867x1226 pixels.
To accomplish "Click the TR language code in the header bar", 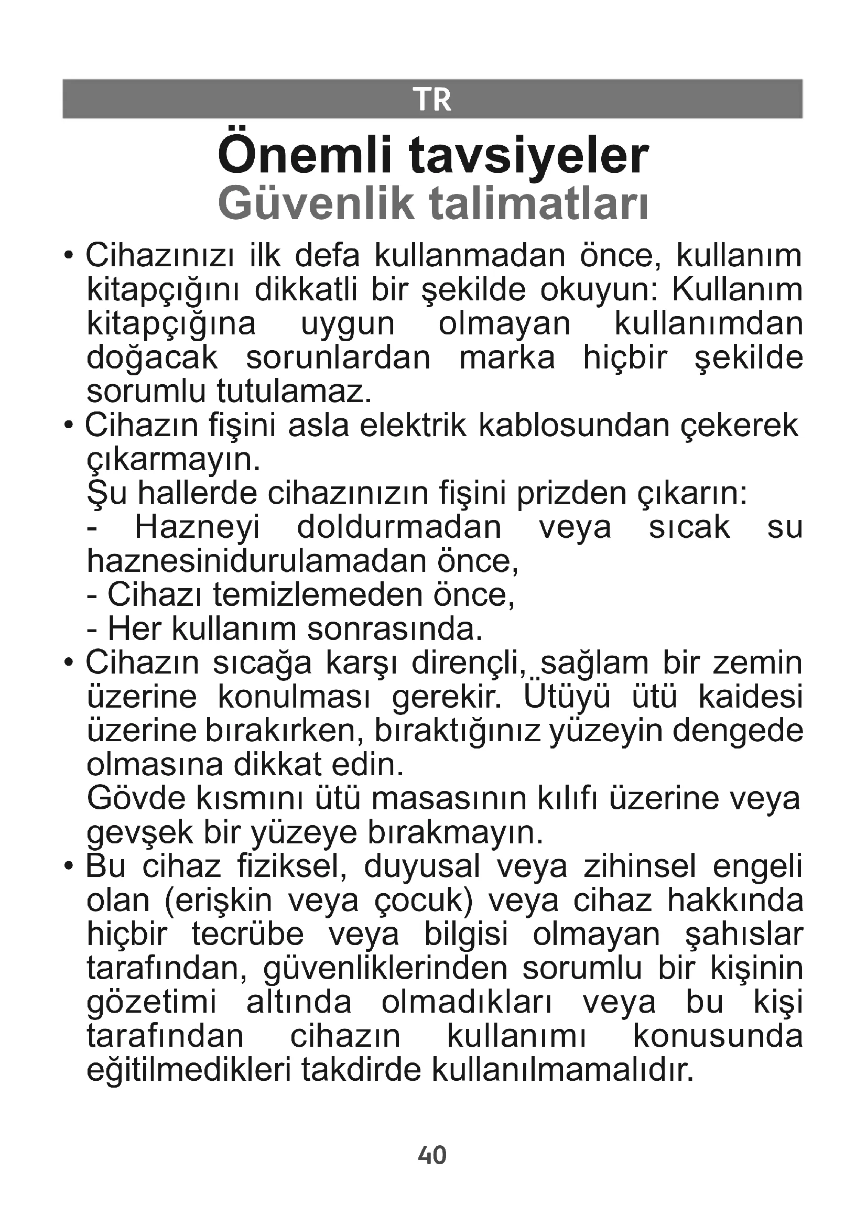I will point(432,100).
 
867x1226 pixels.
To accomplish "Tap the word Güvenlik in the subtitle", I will point(316,203).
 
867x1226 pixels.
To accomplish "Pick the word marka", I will point(507,358).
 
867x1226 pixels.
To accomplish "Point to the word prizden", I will point(571,494).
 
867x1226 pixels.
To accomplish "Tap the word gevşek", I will point(139,834).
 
